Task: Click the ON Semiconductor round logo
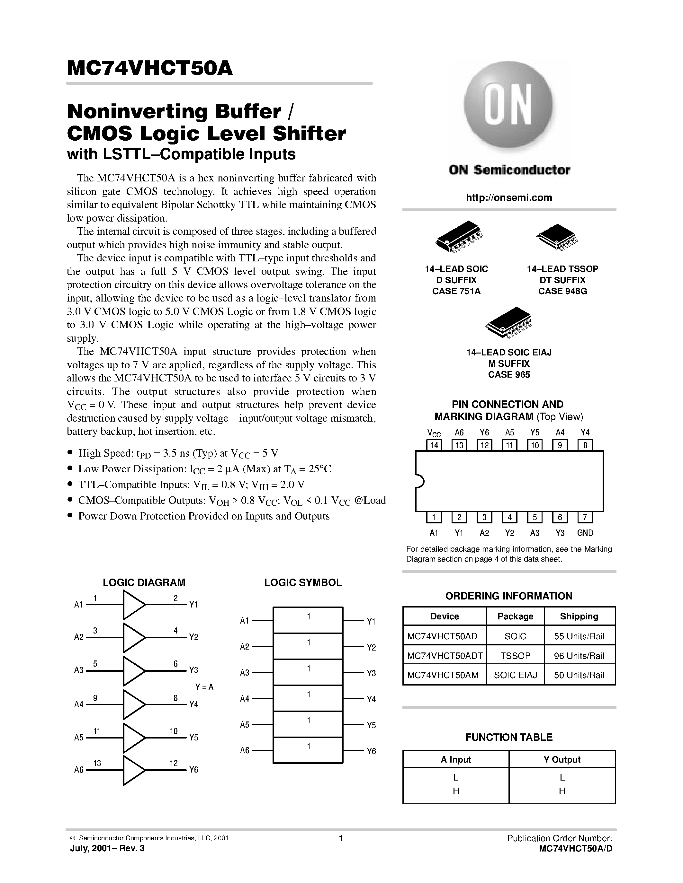click(508, 107)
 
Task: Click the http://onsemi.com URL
click(508, 198)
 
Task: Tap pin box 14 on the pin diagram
click(434, 445)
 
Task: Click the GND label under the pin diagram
click(585, 533)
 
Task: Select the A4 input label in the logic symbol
click(244, 699)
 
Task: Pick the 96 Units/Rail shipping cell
click(579, 656)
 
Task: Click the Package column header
click(515, 616)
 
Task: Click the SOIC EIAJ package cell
click(515, 675)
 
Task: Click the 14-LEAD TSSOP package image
click(557, 237)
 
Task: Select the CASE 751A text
click(456, 291)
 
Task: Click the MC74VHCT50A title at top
click(150, 68)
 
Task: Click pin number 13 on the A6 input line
click(97, 763)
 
